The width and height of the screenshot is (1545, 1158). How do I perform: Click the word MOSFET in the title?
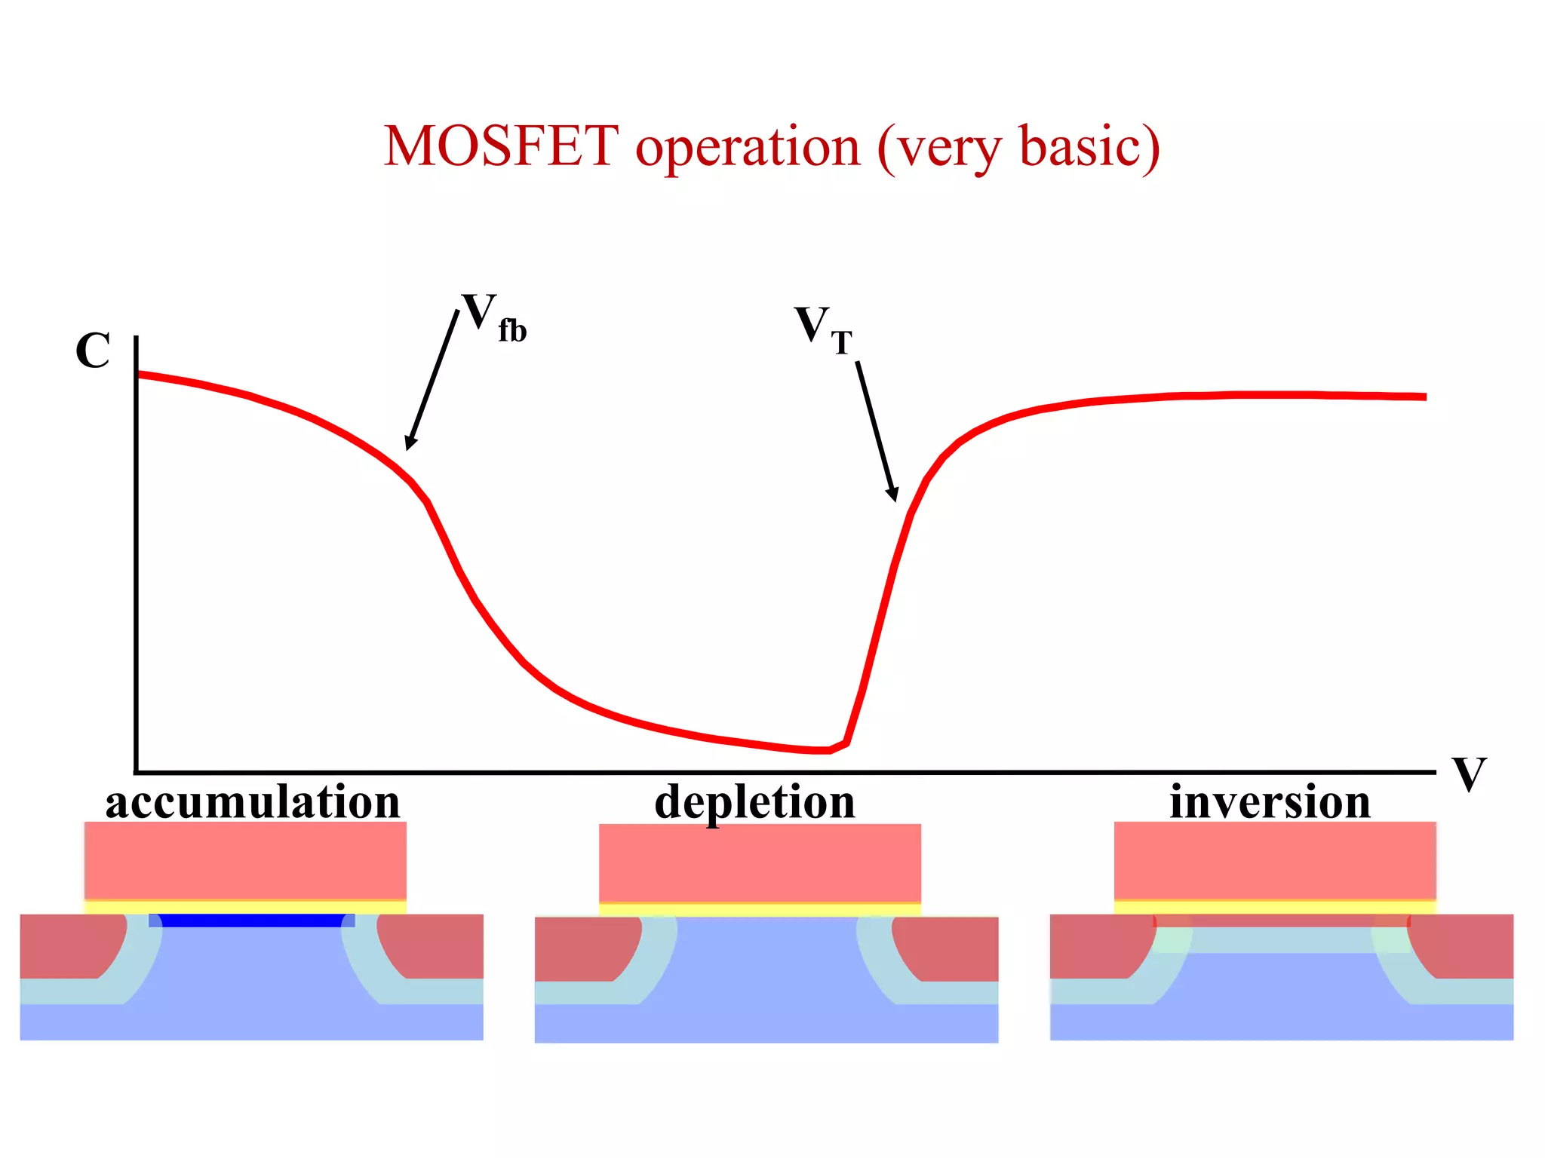501,146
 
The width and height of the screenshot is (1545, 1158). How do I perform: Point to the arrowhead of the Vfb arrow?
410,444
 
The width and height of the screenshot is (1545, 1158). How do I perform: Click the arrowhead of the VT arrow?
893,495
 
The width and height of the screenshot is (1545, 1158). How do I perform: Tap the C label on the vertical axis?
93,351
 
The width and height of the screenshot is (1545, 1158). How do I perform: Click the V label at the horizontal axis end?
1468,774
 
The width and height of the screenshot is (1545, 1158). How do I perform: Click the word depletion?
754,803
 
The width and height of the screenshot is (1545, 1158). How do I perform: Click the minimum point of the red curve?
822,750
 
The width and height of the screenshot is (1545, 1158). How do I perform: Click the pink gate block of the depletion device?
760,863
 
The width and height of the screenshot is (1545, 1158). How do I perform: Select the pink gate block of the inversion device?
1275,860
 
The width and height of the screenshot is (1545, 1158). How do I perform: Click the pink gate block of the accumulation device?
245,860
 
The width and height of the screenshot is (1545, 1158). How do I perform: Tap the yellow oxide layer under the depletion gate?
760,910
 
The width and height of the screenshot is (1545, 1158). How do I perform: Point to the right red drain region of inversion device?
1467,946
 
